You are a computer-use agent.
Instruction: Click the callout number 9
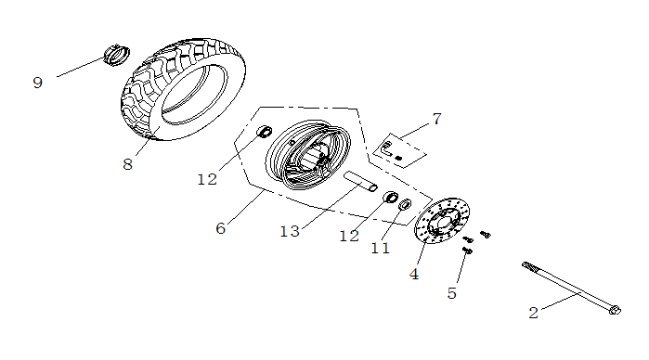click(x=38, y=83)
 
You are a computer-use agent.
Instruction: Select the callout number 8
click(x=127, y=164)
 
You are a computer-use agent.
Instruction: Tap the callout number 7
click(x=437, y=119)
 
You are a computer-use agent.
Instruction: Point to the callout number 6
click(x=221, y=228)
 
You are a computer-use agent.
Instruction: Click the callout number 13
click(x=290, y=231)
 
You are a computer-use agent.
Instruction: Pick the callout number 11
click(x=381, y=249)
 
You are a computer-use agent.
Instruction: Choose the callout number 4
click(x=414, y=274)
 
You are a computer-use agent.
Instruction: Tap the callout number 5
click(x=452, y=293)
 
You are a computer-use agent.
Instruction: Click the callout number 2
click(x=534, y=313)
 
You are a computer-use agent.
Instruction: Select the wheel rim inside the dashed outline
click(x=307, y=155)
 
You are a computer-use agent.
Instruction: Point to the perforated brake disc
click(x=442, y=221)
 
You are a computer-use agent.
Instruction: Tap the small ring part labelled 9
click(x=116, y=55)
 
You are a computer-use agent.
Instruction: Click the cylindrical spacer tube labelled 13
click(x=360, y=182)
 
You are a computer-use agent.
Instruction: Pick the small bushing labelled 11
click(x=405, y=204)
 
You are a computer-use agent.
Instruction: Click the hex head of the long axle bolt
click(x=615, y=310)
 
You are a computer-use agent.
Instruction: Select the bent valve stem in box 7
click(x=387, y=148)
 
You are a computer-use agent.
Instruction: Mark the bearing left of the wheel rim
click(x=265, y=132)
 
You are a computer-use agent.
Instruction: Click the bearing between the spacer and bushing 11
click(x=390, y=197)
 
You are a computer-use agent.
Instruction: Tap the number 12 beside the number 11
click(x=349, y=237)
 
